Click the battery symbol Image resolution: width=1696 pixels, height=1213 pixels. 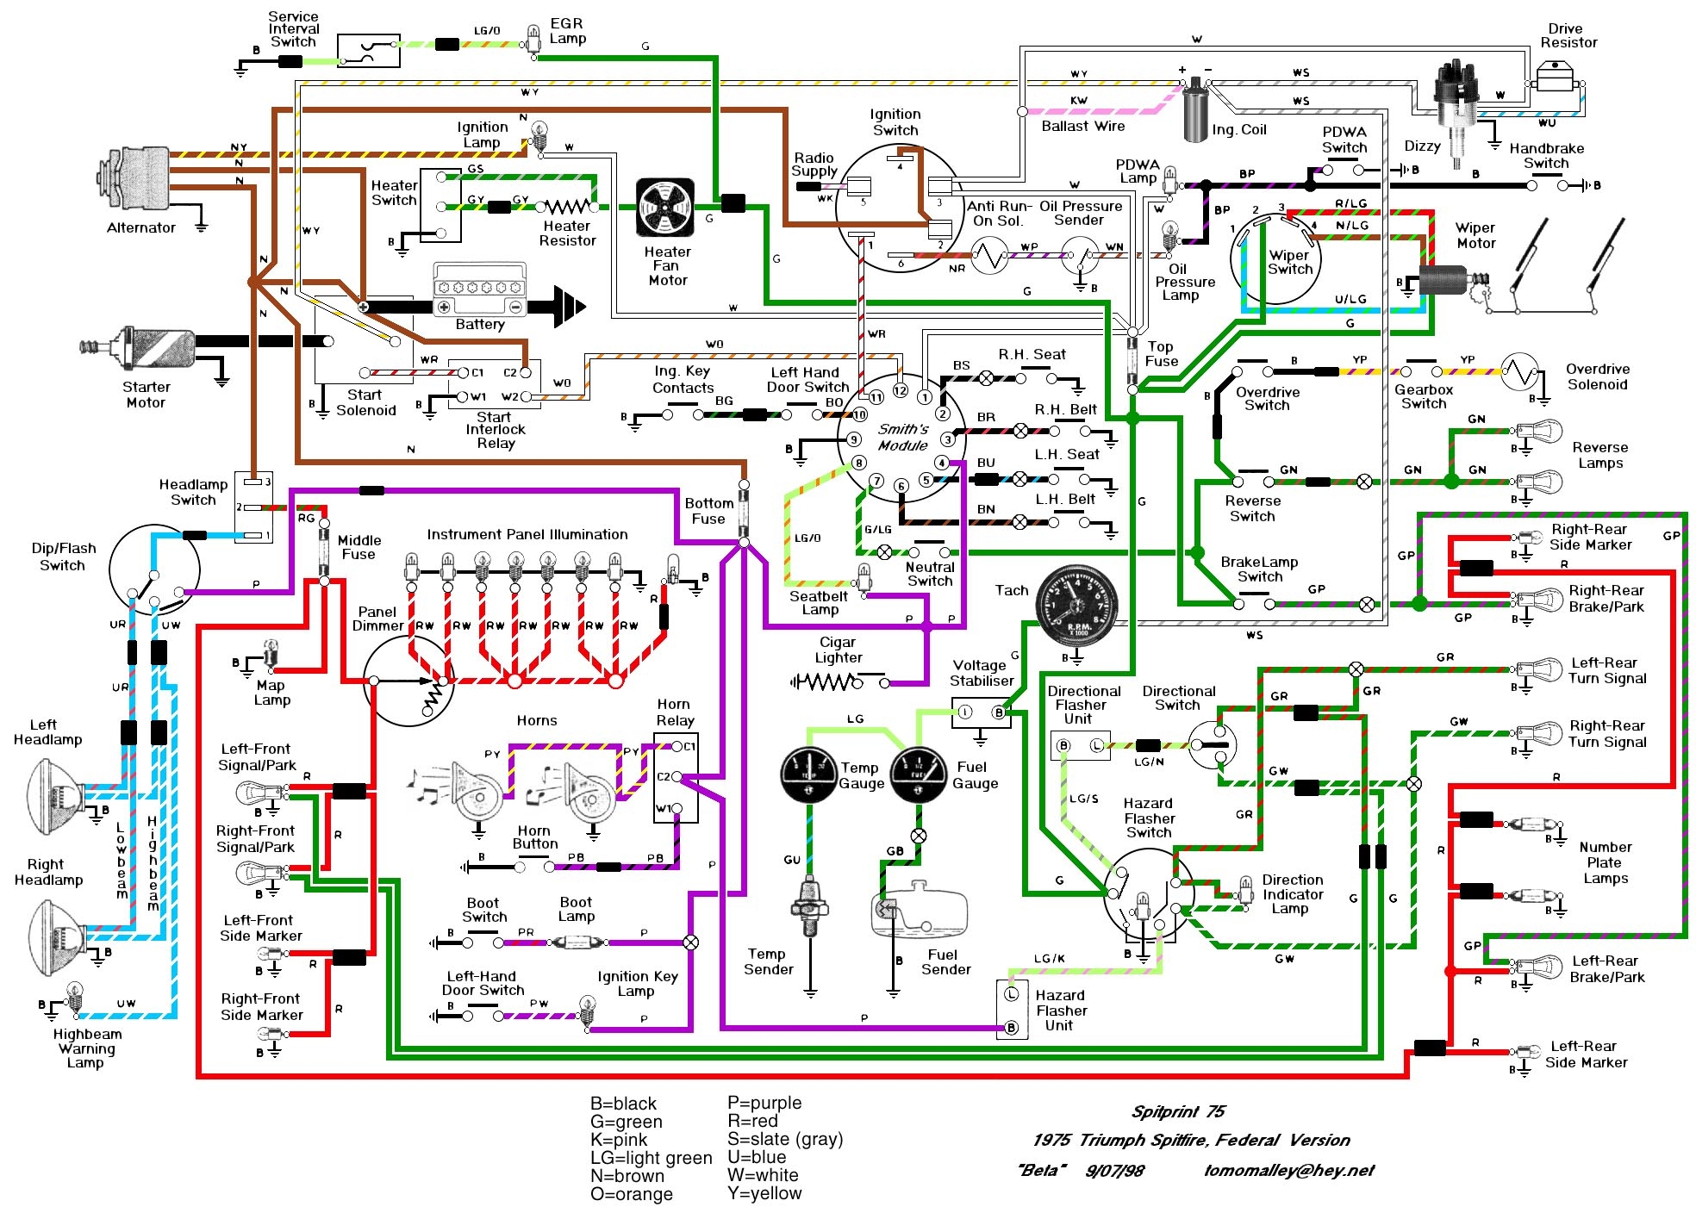click(479, 290)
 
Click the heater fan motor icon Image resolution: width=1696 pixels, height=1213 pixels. click(664, 208)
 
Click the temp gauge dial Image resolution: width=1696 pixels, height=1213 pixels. click(808, 774)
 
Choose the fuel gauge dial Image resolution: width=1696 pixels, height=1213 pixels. click(920, 774)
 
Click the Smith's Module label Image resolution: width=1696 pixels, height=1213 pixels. click(902, 437)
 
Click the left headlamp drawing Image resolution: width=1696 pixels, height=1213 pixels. click(56, 794)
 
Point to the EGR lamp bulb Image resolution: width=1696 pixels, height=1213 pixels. click(534, 37)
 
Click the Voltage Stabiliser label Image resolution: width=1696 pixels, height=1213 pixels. click(981, 673)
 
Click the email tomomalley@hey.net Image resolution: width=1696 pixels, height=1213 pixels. click(1288, 1170)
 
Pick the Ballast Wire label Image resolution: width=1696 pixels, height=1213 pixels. click(1082, 127)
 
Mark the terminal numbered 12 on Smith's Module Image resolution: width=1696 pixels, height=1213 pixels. click(900, 390)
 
